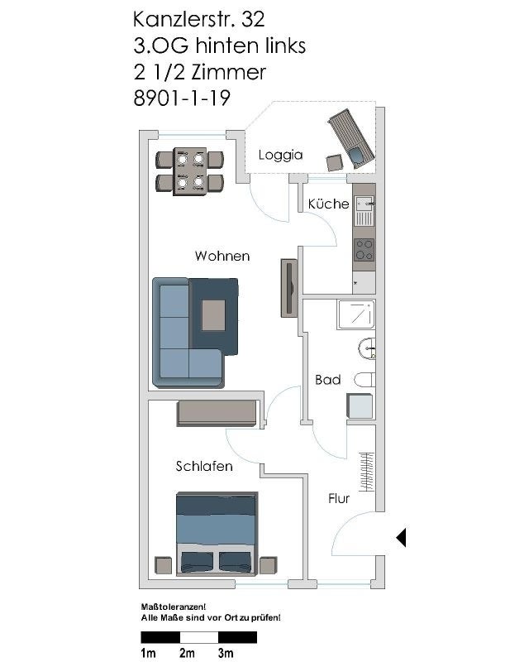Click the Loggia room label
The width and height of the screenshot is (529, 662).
tap(280, 155)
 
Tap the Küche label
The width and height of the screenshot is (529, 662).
tap(329, 204)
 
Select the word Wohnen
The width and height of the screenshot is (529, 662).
tap(222, 256)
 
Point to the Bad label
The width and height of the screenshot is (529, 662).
tap(328, 380)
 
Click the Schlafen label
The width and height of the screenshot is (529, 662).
tap(204, 466)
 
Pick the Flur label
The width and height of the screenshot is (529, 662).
tap(339, 499)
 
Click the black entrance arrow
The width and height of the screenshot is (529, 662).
tap(401, 537)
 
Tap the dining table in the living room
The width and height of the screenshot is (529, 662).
tap(190, 171)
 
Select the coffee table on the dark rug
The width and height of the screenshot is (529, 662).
tap(213, 315)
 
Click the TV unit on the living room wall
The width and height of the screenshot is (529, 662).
tap(289, 288)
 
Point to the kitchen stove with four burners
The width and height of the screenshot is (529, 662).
tap(364, 250)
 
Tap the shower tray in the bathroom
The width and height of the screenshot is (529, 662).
tap(356, 314)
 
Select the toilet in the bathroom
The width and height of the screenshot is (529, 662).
tap(365, 380)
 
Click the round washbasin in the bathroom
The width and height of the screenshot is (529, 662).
tap(367, 348)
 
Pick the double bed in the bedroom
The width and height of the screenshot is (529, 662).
tap(217, 534)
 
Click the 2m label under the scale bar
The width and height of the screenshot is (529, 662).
tap(188, 653)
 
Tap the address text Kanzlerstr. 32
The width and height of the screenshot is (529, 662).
tap(199, 19)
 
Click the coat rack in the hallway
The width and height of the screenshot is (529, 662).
tap(367, 472)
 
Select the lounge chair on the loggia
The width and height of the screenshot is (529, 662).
tap(351, 139)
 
